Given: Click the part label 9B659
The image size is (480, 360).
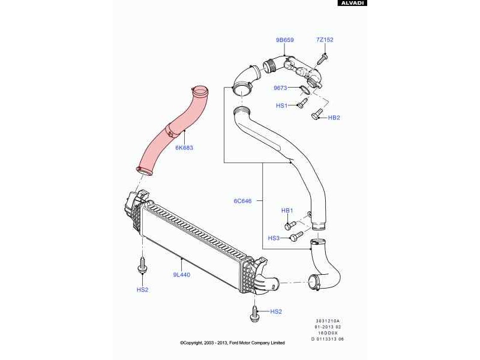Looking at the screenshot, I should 284,40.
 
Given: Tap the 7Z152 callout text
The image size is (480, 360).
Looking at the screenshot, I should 325,40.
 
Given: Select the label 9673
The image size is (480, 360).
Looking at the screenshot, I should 281,88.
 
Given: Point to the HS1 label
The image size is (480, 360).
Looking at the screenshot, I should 282,106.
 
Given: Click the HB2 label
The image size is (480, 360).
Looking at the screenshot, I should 334,118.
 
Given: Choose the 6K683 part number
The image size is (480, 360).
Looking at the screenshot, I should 184,147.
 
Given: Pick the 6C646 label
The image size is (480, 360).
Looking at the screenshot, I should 242,201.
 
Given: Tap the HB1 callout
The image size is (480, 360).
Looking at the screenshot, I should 287,211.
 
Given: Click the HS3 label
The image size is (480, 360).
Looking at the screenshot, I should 274,238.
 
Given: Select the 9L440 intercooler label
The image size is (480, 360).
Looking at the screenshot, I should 182,275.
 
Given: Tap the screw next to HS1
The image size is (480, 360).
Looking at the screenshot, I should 301,106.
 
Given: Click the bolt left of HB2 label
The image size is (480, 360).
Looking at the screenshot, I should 317,114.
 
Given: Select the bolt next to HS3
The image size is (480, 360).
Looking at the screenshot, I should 294,238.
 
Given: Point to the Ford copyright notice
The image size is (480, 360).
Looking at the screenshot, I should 232,343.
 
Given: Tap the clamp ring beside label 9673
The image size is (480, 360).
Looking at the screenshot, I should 304,90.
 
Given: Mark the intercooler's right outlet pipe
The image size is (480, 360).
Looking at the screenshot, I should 271,282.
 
